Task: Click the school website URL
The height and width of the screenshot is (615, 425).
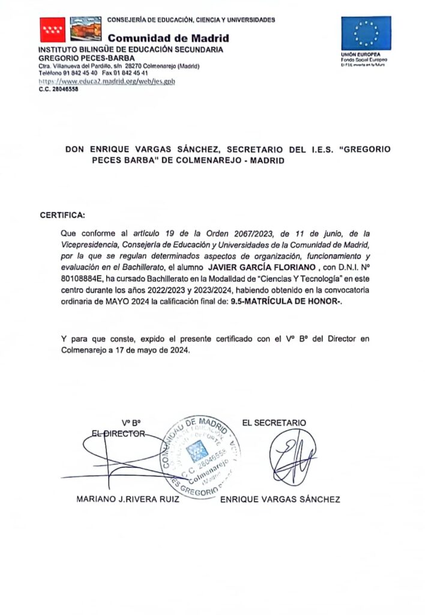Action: pos(107,80)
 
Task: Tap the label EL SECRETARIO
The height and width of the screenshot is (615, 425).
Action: pos(274,423)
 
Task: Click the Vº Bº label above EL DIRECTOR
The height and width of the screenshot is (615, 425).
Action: pos(131,423)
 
